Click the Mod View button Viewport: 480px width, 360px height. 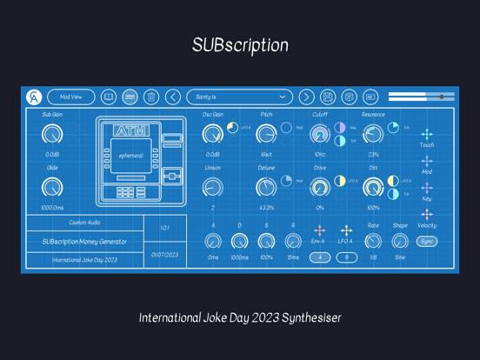tap(71, 97)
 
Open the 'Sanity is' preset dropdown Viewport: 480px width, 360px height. tap(240, 97)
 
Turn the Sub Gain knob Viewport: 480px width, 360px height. tap(52, 135)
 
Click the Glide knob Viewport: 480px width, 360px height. tap(52, 187)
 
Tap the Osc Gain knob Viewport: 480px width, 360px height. tap(212, 135)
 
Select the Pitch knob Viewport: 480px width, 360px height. tap(266, 135)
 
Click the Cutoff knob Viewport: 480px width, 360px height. tap(320, 135)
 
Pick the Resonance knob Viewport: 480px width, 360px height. tap(373, 135)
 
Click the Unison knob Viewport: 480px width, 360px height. tap(212, 187)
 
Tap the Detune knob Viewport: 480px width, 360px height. tap(266, 187)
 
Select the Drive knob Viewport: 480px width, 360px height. tap(320, 187)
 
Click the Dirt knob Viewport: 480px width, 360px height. tap(373, 187)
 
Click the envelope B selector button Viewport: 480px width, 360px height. tap(346, 257)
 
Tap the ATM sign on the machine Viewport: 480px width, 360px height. tap(131, 130)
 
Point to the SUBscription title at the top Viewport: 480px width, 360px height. tap(240, 45)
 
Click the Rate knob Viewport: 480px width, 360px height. tap(373, 241)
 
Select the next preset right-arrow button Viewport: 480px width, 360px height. tap(307, 97)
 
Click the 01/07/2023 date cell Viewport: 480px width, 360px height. tap(164, 256)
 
